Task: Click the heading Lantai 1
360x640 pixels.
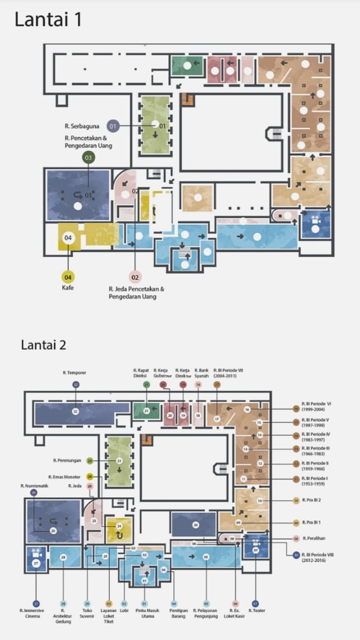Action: point(48,20)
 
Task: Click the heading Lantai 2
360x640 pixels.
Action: point(44,345)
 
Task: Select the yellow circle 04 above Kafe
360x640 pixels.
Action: point(68,277)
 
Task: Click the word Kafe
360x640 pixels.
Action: point(68,288)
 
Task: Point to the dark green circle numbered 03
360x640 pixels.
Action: point(88,158)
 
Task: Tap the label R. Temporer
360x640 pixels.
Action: point(75,372)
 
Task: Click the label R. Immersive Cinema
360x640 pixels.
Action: point(37,613)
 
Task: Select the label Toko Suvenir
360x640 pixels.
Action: point(87,613)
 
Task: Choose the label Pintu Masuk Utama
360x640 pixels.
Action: point(144,613)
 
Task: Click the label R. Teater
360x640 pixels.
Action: point(257,610)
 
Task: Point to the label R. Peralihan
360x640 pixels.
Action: point(315,538)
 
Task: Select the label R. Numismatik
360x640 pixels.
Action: point(33,485)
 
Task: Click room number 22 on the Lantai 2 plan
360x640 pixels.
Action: point(75,412)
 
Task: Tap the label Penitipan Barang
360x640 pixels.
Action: point(174,613)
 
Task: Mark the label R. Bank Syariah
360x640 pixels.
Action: point(202,373)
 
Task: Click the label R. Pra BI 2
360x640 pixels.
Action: point(312,500)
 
